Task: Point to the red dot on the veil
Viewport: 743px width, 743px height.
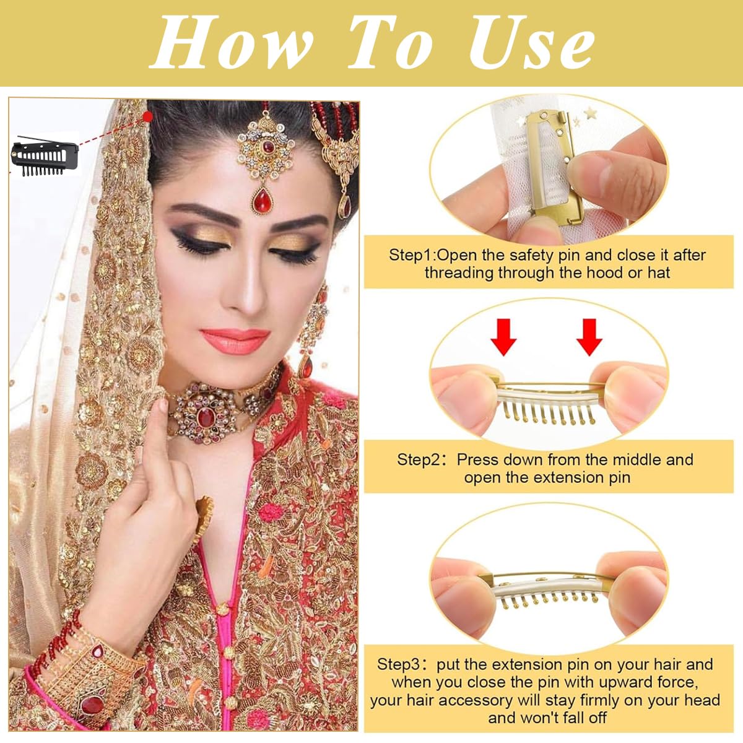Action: (x=147, y=116)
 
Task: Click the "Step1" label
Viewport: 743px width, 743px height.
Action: (x=412, y=255)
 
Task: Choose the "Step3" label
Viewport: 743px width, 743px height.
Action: (x=402, y=665)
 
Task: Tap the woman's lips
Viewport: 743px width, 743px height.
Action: (x=235, y=340)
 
